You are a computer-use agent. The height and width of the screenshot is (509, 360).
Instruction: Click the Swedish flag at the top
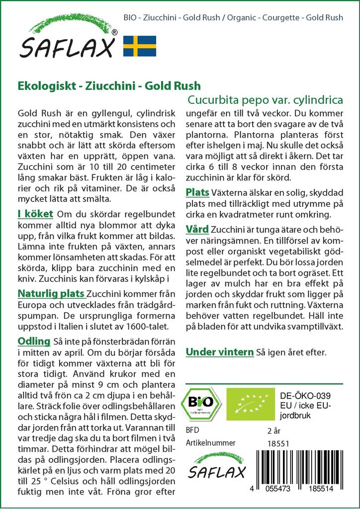140,45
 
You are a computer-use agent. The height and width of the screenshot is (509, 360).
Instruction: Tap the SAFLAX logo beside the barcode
216,467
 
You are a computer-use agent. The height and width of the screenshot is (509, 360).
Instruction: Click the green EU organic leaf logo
248,401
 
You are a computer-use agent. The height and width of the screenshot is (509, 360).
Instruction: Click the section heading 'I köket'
35,214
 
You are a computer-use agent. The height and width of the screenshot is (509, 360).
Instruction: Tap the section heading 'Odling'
34,341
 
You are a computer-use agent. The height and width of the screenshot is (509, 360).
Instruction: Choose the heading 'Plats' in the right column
197,192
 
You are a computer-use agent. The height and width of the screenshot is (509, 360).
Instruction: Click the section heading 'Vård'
197,230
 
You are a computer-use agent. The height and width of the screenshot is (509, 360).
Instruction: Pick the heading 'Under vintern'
219,352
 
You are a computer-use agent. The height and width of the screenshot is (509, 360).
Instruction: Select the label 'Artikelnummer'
210,442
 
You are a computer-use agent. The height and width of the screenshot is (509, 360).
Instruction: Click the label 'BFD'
192,430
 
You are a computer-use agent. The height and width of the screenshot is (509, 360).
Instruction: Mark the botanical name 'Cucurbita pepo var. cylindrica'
265,99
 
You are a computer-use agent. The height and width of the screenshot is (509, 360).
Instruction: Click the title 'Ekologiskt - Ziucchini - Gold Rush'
109,85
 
